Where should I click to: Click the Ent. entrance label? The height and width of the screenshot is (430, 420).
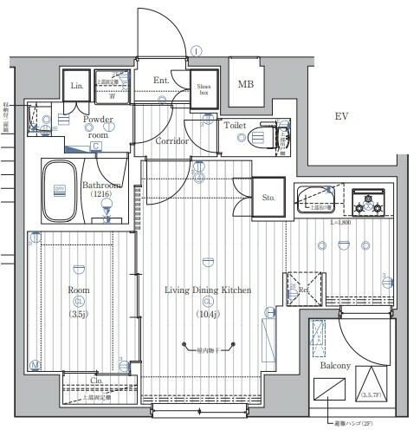tap(161, 81)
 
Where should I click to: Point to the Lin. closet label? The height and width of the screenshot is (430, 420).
tap(75, 85)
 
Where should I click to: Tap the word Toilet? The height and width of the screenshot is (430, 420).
tap(235, 126)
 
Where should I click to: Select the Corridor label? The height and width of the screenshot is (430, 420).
tap(172, 140)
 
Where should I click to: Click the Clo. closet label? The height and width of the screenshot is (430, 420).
tap(97, 380)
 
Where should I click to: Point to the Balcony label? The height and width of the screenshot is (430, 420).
tap(335, 366)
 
